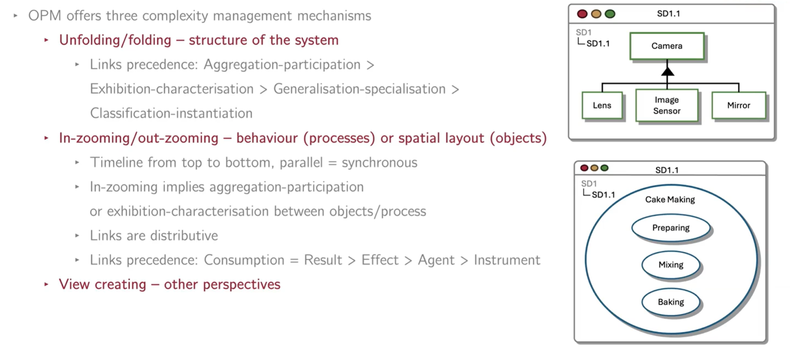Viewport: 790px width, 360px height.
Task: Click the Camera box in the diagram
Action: [667, 46]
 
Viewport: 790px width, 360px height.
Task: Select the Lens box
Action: [602, 105]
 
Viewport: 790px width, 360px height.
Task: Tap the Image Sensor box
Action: [667, 105]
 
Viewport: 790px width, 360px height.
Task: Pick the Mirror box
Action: [739, 105]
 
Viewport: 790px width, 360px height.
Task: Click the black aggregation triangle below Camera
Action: [668, 71]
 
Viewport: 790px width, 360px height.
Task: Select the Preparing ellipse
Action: [671, 228]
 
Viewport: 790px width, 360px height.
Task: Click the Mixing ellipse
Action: [671, 265]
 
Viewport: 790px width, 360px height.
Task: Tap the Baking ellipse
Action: [671, 302]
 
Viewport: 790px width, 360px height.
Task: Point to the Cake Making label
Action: [670, 199]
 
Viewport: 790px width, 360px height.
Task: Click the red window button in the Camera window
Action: [582, 14]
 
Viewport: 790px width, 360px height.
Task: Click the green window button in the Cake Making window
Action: [605, 168]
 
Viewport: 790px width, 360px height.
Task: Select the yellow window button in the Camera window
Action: [596, 14]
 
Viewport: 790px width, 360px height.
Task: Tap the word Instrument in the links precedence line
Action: [507, 260]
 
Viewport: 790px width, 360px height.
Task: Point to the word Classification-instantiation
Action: [171, 113]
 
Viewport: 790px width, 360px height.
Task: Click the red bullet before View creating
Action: [46, 284]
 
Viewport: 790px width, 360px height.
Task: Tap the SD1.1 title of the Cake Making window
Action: [667, 170]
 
